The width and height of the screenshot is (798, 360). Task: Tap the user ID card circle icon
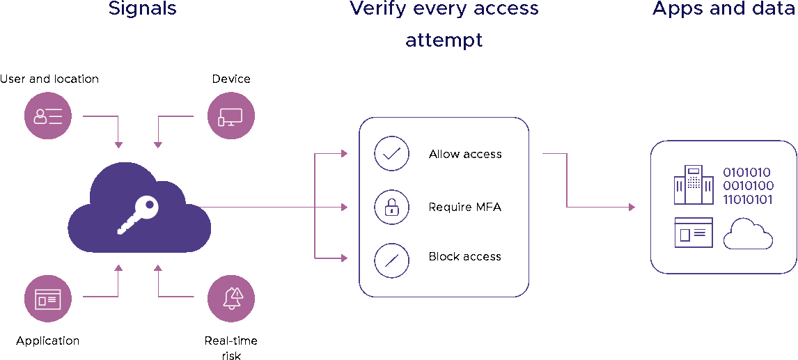click(48, 116)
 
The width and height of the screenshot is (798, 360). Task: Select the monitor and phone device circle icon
click(231, 116)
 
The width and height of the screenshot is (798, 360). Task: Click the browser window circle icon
click(48, 299)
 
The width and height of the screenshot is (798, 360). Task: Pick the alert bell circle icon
click(231, 299)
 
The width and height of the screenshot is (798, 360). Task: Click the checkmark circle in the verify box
click(391, 154)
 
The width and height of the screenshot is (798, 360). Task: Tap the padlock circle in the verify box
click(391, 207)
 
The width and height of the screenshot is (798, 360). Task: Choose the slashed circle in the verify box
click(391, 260)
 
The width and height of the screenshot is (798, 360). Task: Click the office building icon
click(694, 185)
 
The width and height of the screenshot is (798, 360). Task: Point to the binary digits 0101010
click(747, 173)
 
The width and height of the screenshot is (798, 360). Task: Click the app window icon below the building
click(694, 233)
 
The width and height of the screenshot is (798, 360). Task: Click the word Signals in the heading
click(142, 8)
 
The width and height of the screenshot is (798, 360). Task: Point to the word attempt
click(444, 40)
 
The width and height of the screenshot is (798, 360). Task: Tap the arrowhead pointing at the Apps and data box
click(632, 207)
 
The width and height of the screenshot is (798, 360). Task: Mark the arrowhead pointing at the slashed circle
click(344, 258)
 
